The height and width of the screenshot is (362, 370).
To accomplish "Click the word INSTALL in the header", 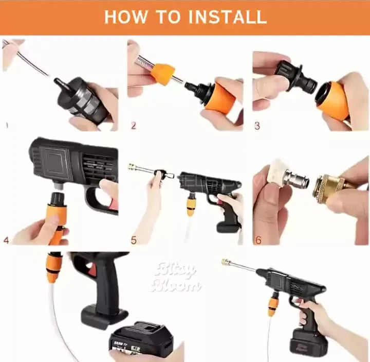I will pyautogui.click(x=227, y=16).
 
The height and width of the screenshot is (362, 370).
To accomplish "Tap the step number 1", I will pyautogui.click(x=7, y=125).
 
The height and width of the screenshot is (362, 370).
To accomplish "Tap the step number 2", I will pyautogui.click(x=133, y=125).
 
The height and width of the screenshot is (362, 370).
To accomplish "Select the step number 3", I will pyautogui.click(x=257, y=125).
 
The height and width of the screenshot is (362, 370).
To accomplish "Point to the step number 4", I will pyautogui.click(x=6, y=240).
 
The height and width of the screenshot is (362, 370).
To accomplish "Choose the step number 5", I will pyautogui.click(x=133, y=240).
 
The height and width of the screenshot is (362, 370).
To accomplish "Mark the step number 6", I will pyautogui.click(x=257, y=240).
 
